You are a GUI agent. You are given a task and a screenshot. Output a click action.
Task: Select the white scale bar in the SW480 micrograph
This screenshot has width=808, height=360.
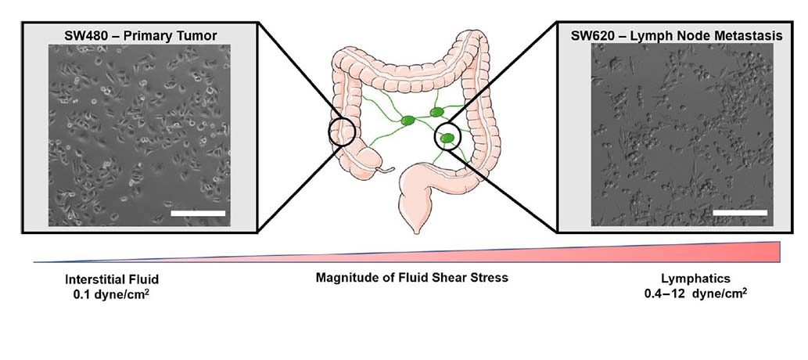(197, 213)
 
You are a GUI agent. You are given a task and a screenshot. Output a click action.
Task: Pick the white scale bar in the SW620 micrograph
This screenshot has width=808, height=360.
(739, 211)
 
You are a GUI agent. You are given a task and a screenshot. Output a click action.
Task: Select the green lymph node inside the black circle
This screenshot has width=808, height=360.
(447, 139)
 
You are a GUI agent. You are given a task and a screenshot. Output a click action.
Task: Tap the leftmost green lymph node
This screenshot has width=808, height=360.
(408, 121)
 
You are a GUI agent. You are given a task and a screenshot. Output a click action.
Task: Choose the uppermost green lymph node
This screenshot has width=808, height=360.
(438, 113)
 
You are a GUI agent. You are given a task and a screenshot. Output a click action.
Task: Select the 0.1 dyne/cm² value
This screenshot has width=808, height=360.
(106, 294)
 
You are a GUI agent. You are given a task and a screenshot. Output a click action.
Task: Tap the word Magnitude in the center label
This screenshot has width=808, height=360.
(352, 277)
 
